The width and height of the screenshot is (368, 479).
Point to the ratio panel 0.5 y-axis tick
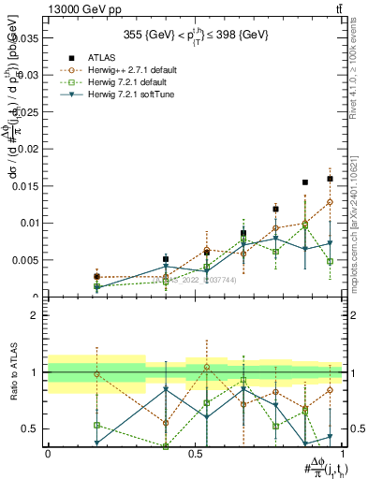pyautogui.click(x=30, y=428)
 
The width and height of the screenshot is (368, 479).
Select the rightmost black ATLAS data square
pyautogui.click(x=330, y=179)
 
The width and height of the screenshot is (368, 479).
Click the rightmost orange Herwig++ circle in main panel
pyautogui.click(x=330, y=202)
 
